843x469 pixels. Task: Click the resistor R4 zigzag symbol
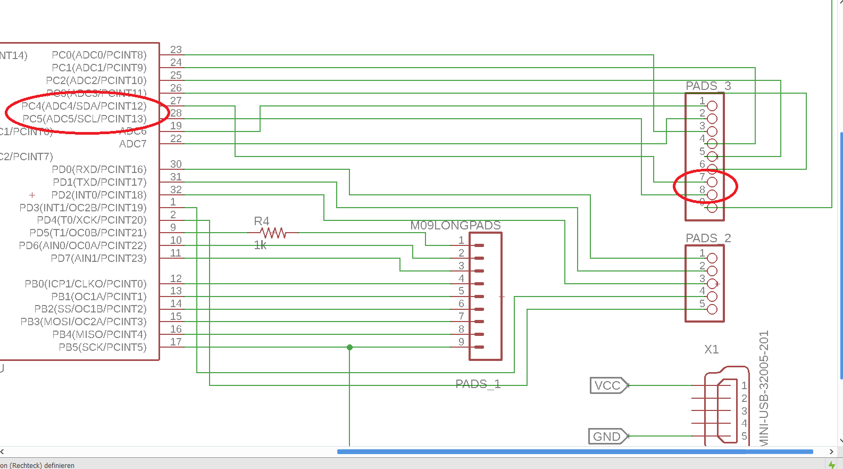point(273,233)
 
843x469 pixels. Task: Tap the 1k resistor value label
point(260,245)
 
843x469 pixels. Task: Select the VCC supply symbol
point(608,385)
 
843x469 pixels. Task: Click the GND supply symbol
point(607,437)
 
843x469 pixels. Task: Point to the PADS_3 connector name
point(708,86)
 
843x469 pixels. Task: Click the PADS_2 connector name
point(708,238)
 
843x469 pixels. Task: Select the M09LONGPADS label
point(455,225)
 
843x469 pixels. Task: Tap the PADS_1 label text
point(478,384)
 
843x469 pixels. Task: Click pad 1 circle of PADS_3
point(712,106)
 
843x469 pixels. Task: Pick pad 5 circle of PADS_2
point(712,309)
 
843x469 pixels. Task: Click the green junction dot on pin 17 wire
point(349,347)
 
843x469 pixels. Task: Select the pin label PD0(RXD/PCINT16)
point(99,169)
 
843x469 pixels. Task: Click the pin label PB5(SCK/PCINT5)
point(102,347)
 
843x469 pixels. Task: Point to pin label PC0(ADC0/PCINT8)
point(99,55)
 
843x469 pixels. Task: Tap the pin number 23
point(176,50)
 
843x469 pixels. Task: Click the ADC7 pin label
point(132,144)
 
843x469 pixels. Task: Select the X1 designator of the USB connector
point(711,349)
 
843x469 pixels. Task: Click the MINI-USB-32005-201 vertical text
point(764,389)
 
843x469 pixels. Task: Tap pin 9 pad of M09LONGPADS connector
point(479,347)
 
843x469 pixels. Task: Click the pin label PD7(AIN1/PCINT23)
point(98,258)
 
